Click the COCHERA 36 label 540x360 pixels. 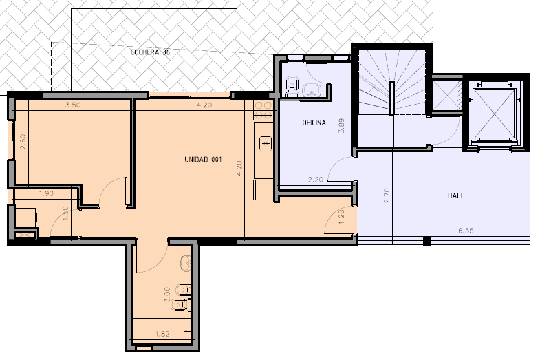[x=150, y=52]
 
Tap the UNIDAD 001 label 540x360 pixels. [x=203, y=160]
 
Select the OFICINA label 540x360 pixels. [x=314, y=123]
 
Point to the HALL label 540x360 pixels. [x=455, y=195]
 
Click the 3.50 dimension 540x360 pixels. [x=73, y=105]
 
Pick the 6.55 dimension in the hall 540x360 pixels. [x=466, y=231]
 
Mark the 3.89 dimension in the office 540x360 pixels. [x=341, y=126]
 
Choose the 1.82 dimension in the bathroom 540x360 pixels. [x=162, y=334]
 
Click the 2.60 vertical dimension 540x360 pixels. [x=23, y=142]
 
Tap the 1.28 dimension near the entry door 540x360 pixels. [x=341, y=217]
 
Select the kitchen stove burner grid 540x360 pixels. [x=263, y=110]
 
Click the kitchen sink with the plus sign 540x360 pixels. [x=266, y=143]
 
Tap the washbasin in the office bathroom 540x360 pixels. [x=312, y=90]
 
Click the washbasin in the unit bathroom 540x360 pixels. [x=186, y=264]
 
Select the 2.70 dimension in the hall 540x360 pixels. [x=387, y=195]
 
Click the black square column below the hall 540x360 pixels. [x=427, y=242]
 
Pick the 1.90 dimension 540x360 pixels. [x=46, y=193]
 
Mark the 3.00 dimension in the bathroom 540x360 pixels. [x=167, y=295]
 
